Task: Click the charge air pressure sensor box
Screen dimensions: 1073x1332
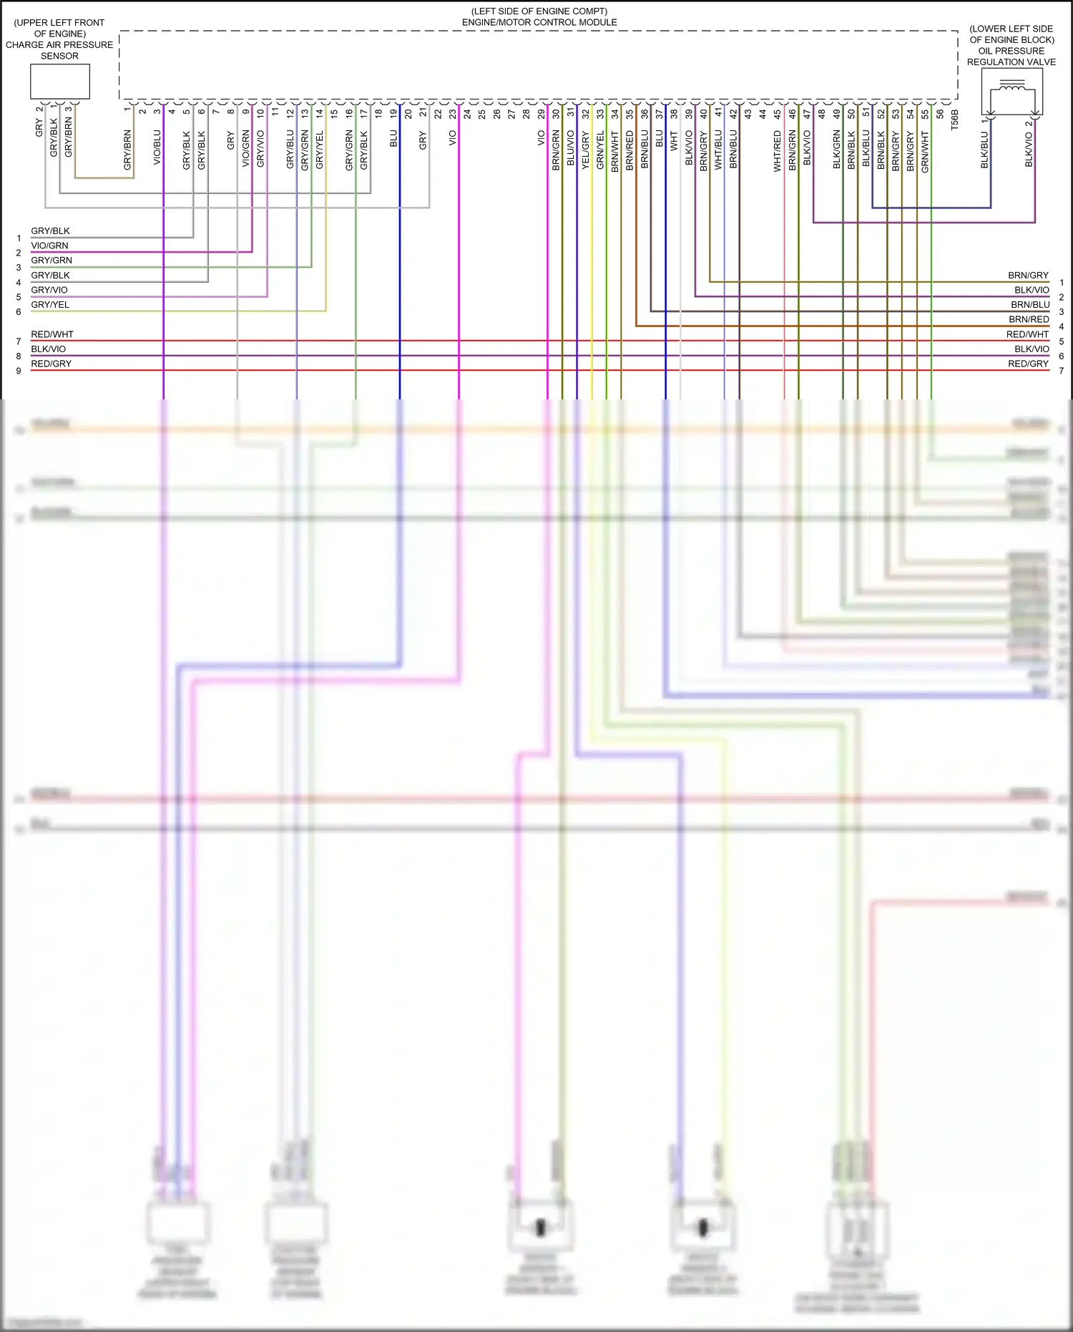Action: point(59,82)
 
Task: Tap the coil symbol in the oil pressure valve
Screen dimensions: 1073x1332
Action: point(1011,89)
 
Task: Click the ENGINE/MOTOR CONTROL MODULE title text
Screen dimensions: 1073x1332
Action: point(539,22)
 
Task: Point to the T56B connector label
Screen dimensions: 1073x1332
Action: point(954,120)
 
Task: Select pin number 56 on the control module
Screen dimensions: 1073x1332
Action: point(940,113)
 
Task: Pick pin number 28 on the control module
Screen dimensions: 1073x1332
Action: point(526,113)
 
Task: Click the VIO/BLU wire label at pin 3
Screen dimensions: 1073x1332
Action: point(157,147)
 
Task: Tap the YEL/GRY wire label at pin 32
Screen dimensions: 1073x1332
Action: point(585,150)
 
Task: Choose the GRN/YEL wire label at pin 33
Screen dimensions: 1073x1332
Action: point(600,150)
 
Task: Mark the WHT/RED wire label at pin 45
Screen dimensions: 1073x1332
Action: point(778,151)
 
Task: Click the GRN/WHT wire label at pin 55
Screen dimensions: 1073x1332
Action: point(925,151)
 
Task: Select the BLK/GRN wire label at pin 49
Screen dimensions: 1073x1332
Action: point(837,150)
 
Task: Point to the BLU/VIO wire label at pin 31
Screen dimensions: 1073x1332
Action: point(571,148)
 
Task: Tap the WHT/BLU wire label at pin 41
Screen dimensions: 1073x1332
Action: point(718,150)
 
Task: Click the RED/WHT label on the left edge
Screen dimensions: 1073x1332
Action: point(52,334)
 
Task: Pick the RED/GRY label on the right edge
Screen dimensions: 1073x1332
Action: point(1028,364)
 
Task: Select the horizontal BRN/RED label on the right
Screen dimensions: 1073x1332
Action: point(1029,319)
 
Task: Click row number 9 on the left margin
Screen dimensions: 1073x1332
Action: point(19,371)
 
